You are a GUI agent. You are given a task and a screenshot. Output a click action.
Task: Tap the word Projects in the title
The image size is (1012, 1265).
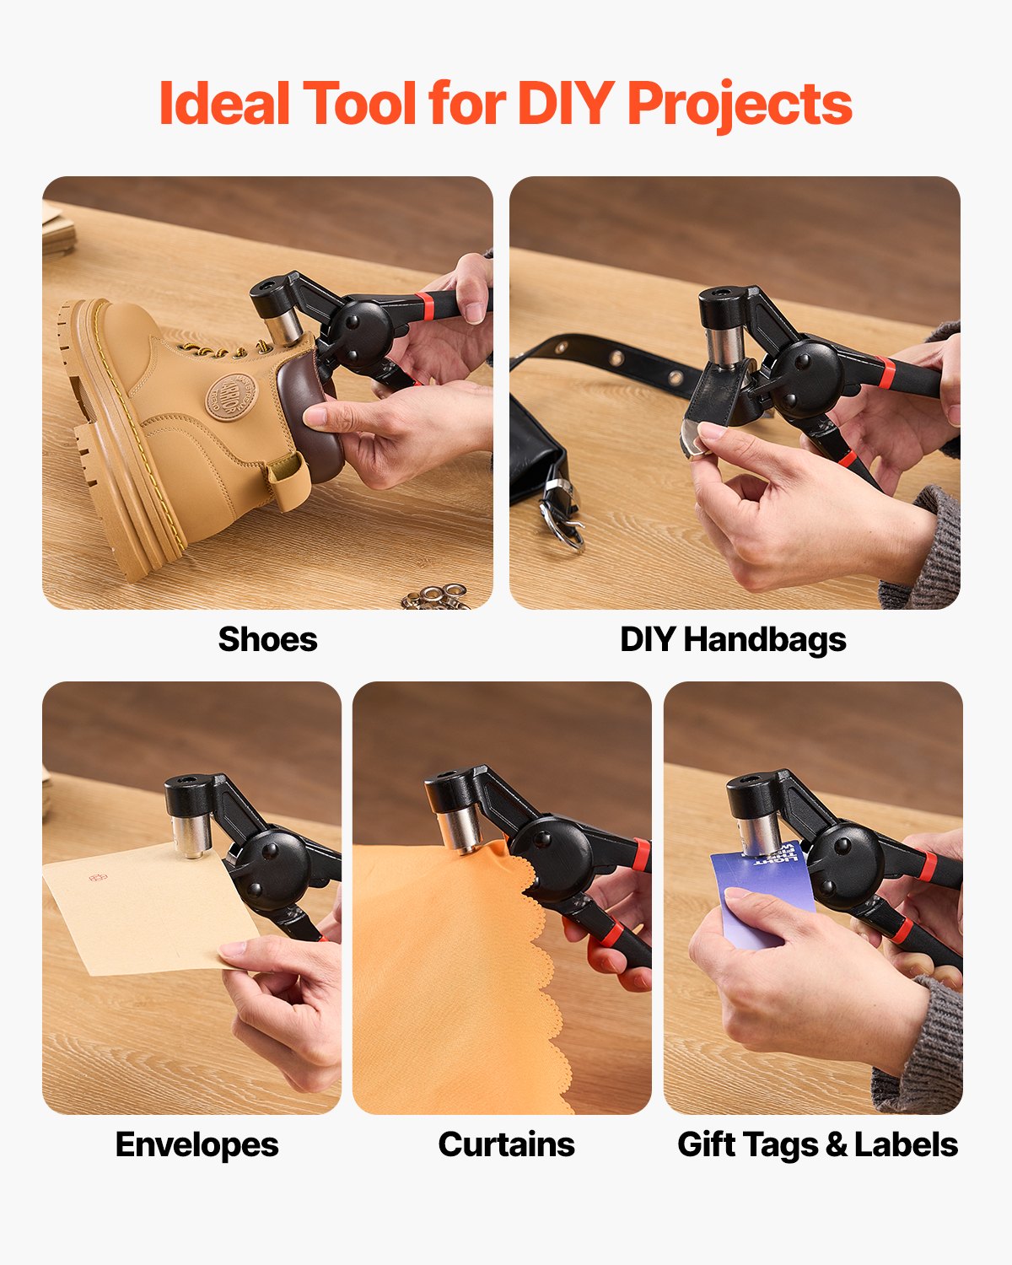[x=740, y=105]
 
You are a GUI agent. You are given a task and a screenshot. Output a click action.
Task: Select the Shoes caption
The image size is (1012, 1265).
[x=267, y=639]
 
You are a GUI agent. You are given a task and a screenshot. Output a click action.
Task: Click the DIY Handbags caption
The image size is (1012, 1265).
[x=733, y=639]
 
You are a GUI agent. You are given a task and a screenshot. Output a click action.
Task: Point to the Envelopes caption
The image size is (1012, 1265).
[x=196, y=1144]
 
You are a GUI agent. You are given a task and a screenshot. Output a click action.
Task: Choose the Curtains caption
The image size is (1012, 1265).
[x=506, y=1144]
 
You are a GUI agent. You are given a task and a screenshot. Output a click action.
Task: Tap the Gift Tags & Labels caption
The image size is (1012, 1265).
[x=817, y=1144]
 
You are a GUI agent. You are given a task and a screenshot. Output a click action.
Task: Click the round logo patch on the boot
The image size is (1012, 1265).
[x=229, y=397]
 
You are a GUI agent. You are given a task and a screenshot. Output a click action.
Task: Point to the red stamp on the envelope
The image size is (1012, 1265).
[x=98, y=877]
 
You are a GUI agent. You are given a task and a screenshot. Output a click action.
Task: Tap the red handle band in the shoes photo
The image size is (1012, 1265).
[x=426, y=305]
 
